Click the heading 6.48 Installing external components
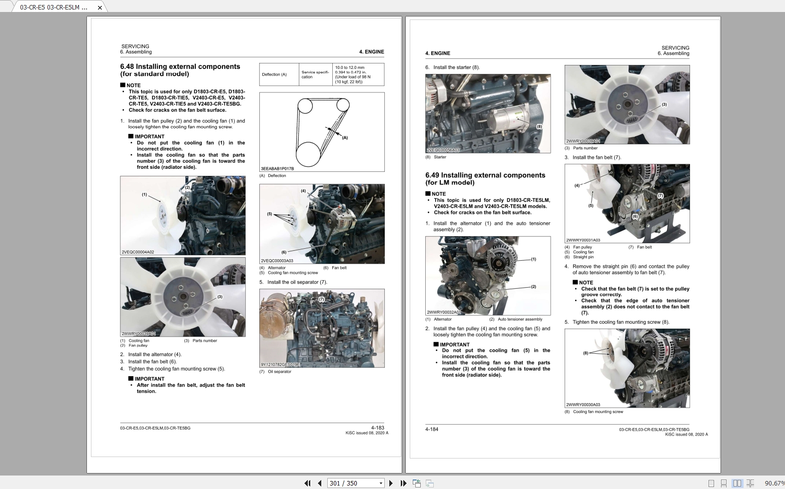(180, 66)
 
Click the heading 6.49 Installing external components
(485, 175)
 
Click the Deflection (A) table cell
(274, 74)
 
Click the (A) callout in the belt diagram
(345, 137)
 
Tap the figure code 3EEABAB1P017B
(277, 169)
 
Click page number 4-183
(377, 428)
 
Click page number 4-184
(432, 429)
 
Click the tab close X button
(99, 7)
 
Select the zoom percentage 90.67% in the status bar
(774, 483)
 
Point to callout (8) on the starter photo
(539, 126)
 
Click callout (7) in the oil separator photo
(321, 299)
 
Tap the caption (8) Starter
(436, 157)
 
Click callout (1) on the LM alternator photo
(533, 259)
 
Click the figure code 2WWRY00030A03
(583, 405)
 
